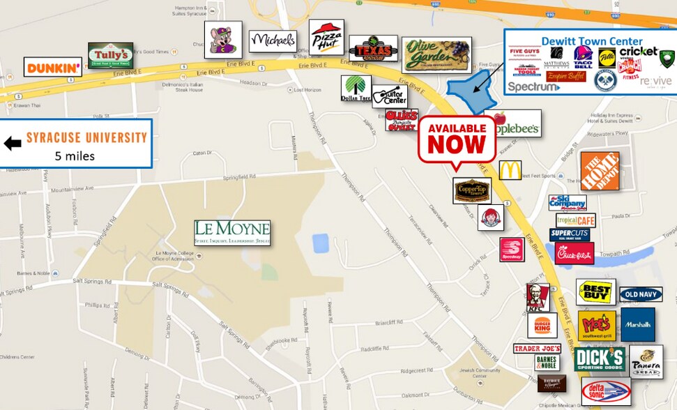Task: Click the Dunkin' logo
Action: [53, 67]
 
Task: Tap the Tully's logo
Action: [110, 56]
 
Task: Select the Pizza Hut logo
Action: [326, 37]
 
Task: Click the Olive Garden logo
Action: [436, 54]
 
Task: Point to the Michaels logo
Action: [273, 41]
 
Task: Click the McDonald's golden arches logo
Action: [510, 170]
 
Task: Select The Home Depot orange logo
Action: [600, 171]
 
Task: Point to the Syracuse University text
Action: [86, 137]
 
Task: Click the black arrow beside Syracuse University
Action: [13, 144]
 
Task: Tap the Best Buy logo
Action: [595, 291]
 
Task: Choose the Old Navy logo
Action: [641, 294]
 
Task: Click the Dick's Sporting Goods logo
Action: [599, 359]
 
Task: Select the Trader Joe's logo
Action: [537, 348]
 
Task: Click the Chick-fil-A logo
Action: [575, 253]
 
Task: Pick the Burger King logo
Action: [542, 326]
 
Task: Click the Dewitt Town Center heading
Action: [592, 41]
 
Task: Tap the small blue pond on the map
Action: [321, 243]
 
